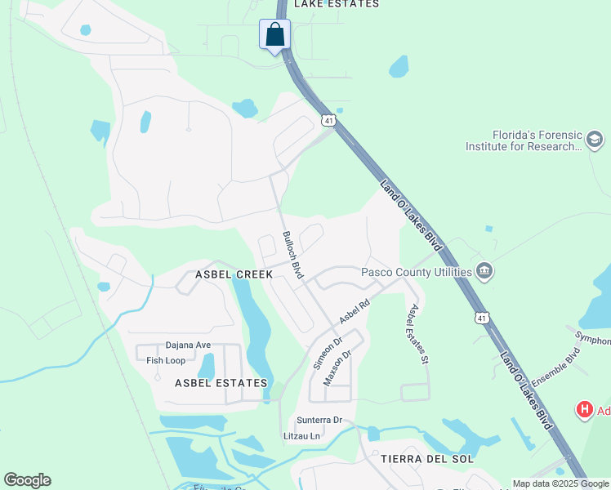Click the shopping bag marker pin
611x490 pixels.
click(274, 35)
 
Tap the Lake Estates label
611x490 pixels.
click(337, 4)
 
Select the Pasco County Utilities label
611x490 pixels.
click(417, 272)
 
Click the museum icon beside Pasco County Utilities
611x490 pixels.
click(485, 270)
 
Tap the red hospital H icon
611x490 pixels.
click(585, 410)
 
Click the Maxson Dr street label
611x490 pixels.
click(337, 367)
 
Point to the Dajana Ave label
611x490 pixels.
click(188, 345)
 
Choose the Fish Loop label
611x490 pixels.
click(166, 360)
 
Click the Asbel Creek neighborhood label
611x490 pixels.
click(234, 275)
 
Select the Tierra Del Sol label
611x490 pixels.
click(427, 459)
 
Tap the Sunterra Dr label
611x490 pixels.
click(319, 421)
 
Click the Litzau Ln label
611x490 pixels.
click(301, 436)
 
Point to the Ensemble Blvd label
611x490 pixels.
click(555, 368)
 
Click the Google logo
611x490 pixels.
click(27, 480)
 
